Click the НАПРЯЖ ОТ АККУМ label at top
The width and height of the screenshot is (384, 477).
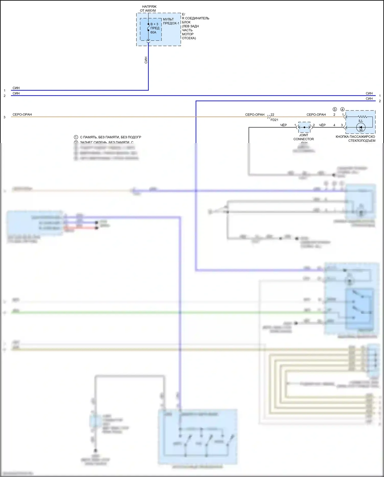click(x=148, y=8)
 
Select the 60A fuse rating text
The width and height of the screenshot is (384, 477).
click(x=153, y=32)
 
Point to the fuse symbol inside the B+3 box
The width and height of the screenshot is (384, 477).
click(x=148, y=27)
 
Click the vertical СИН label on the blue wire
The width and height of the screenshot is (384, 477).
click(x=146, y=60)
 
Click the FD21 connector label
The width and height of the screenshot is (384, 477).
click(x=274, y=120)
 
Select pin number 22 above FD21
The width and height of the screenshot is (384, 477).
click(x=272, y=115)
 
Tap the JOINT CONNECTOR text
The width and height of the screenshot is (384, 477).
click(x=304, y=137)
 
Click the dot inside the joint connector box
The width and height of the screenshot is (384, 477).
click(x=304, y=127)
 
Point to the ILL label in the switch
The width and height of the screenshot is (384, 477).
click(x=360, y=121)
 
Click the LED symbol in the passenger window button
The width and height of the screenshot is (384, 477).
click(x=361, y=127)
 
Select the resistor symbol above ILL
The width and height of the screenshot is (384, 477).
click(x=362, y=117)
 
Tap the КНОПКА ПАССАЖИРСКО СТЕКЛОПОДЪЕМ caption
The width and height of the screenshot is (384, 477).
click(x=355, y=139)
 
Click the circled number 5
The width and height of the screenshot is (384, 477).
click(x=335, y=109)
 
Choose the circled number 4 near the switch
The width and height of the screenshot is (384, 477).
click(x=342, y=109)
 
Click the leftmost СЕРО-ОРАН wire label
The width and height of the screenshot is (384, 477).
click(x=22, y=115)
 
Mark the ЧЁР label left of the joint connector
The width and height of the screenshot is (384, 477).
click(x=283, y=125)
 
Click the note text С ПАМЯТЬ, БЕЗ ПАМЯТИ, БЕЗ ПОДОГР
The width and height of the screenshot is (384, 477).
click(x=110, y=137)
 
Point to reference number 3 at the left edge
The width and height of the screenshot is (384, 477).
click(x=4, y=117)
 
